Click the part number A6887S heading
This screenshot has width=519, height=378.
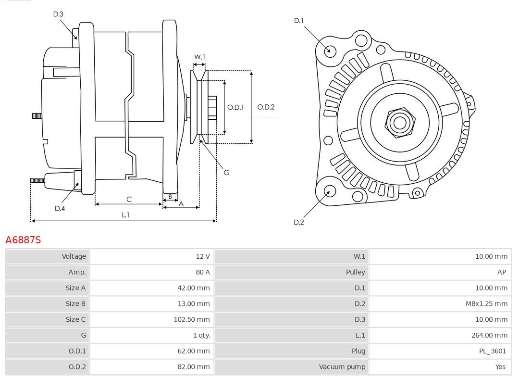tap(23, 239)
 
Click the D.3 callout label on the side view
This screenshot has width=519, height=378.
tap(58, 14)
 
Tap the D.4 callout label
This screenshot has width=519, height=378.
tap(60, 208)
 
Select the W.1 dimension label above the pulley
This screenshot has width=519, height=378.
tap(199, 57)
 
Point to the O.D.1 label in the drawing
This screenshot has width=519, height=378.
tap(235, 107)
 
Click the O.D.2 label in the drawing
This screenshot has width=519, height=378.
tap(266, 107)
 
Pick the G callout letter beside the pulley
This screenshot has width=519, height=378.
tap(226, 172)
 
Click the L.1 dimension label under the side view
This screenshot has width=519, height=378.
tap(125, 215)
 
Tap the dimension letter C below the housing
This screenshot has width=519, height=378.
tap(129, 199)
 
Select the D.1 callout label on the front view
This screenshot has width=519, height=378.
tap(299, 21)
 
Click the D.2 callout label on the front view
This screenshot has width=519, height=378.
tap(299, 222)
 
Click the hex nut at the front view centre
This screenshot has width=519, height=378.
tap(399, 122)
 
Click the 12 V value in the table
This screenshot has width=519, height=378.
tap(203, 256)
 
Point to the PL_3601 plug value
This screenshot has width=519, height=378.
tap(492, 351)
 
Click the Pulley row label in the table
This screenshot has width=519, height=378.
tap(355, 272)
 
